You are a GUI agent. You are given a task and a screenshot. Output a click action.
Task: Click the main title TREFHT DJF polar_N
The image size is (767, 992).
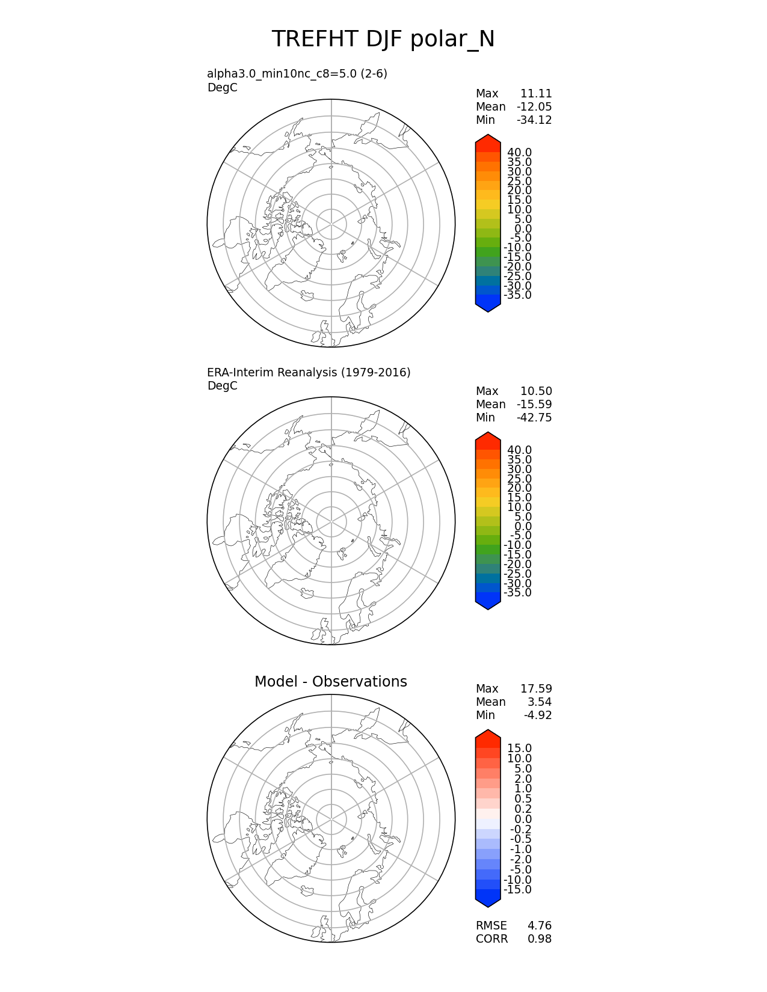(x=383, y=39)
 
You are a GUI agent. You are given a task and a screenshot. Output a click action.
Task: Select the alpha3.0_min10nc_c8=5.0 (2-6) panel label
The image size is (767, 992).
(x=297, y=74)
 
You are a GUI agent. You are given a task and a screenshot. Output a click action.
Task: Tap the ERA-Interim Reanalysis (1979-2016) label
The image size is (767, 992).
(x=309, y=373)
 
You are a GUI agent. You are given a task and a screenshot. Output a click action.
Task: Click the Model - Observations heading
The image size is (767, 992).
(x=330, y=682)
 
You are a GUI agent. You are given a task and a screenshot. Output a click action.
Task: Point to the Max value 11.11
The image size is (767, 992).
(x=536, y=94)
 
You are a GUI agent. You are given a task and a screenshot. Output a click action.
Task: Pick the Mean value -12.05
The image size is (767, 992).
(x=534, y=107)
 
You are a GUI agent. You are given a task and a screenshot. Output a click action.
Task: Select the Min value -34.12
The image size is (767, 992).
(x=534, y=120)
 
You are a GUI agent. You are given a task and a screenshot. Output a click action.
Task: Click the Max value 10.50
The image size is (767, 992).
(x=536, y=391)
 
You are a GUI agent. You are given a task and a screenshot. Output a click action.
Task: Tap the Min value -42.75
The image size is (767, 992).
(x=534, y=418)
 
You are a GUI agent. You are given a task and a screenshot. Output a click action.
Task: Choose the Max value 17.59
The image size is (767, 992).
(x=536, y=689)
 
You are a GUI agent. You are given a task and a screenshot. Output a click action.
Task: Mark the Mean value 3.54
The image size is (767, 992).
(x=540, y=702)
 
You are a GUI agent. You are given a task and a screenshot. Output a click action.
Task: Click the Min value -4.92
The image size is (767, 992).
(x=538, y=715)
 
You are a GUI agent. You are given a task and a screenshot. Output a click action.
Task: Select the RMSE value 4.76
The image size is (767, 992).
(x=540, y=926)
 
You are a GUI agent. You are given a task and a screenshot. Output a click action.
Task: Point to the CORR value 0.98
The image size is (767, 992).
(x=540, y=939)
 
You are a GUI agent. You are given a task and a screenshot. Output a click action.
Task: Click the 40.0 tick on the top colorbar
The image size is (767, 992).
(x=519, y=153)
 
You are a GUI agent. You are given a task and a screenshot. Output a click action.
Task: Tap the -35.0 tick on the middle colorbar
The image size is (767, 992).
(x=517, y=593)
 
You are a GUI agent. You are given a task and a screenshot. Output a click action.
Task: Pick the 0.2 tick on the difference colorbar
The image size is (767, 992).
(x=523, y=809)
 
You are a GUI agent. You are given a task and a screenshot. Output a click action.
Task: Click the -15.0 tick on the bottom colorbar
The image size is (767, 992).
(x=517, y=890)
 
